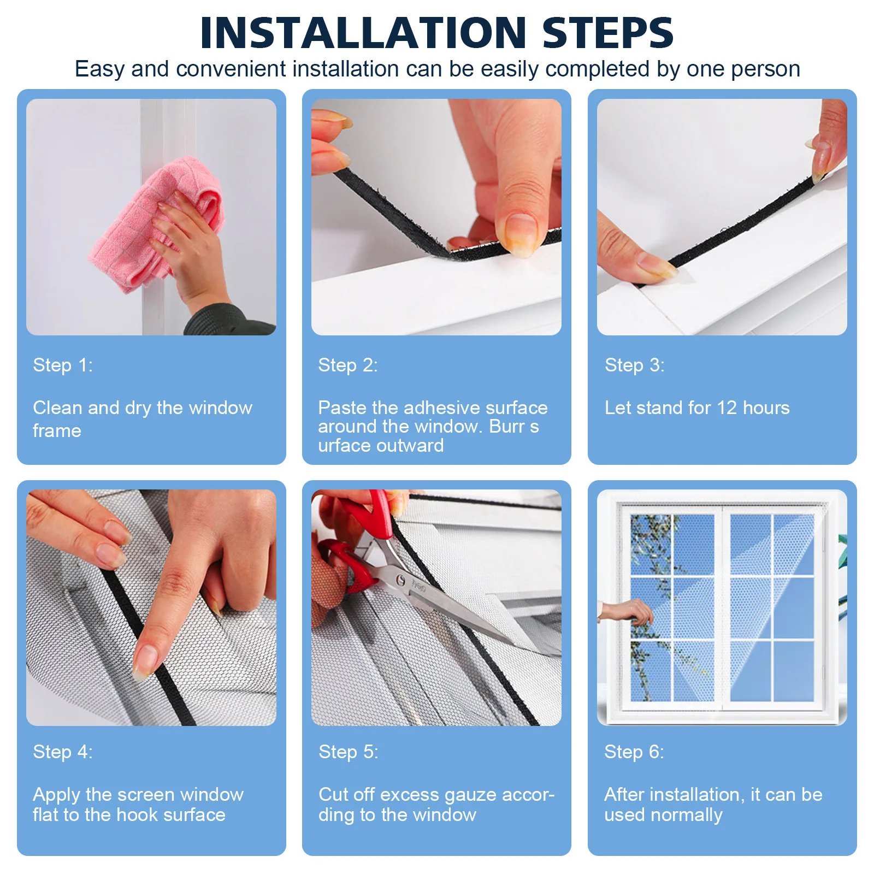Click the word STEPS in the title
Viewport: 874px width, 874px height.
click(607, 33)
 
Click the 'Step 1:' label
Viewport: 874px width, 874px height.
click(63, 365)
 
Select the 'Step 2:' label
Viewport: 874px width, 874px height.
click(348, 365)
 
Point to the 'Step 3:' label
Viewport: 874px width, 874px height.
click(634, 365)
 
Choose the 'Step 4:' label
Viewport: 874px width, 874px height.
click(63, 752)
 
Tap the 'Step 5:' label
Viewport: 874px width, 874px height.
click(348, 752)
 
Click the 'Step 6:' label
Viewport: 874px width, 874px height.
click(634, 752)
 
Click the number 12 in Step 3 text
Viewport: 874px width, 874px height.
click(727, 408)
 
